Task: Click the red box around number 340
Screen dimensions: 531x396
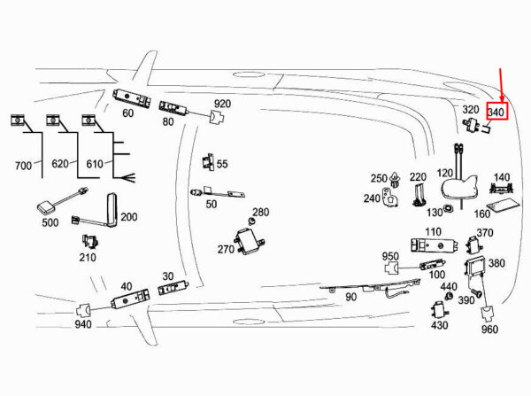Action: tap(488, 112)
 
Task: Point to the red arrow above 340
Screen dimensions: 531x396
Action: tap(502, 85)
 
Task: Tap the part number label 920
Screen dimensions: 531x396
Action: tap(222, 104)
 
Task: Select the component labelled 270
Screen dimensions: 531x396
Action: tap(250, 241)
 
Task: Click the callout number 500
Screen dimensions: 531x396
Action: tap(50, 222)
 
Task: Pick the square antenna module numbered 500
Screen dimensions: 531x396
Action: tap(46, 207)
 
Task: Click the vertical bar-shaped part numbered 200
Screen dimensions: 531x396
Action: tap(112, 210)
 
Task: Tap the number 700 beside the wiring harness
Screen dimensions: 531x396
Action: tap(23, 166)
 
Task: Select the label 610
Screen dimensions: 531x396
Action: tap(95, 164)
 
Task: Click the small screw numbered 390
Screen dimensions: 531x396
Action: tap(478, 293)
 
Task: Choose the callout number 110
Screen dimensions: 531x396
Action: tap(433, 232)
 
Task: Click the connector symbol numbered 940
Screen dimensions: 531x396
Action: tap(83, 310)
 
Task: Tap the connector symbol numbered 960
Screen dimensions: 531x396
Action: tap(488, 314)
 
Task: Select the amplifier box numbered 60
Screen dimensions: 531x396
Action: tap(132, 97)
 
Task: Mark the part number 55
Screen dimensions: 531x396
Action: tap(222, 164)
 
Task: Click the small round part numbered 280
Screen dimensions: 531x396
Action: tap(251, 221)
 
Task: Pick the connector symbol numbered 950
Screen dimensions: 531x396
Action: tap(392, 268)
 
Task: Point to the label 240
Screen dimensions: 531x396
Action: tap(373, 198)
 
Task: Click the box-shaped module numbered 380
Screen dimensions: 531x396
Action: tap(475, 267)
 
